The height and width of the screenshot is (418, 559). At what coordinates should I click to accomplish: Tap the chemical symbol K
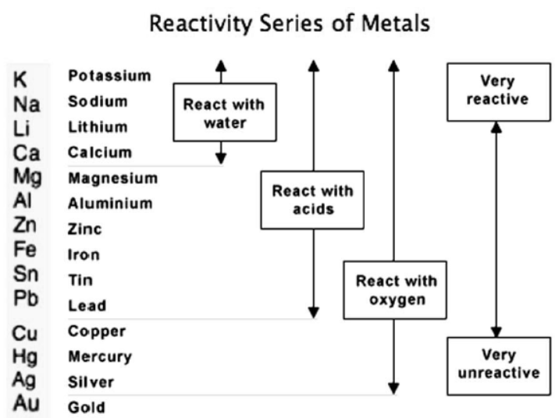pyautogui.click(x=21, y=79)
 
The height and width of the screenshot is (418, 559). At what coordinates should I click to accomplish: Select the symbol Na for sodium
pyautogui.click(x=27, y=104)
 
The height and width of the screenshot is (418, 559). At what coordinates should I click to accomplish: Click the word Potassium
pyautogui.click(x=109, y=76)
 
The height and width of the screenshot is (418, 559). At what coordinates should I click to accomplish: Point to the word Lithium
pyautogui.click(x=99, y=126)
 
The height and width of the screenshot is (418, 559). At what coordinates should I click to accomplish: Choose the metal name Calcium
pyautogui.click(x=100, y=152)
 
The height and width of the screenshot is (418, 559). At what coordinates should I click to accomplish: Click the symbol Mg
pyautogui.click(x=27, y=177)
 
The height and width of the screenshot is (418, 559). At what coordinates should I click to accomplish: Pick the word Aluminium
pyautogui.click(x=110, y=204)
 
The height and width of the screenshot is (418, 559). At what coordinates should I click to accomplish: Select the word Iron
pyautogui.click(x=84, y=254)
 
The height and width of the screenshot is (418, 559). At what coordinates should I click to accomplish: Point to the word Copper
pyautogui.click(x=97, y=331)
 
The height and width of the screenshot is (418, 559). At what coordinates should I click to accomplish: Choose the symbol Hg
pyautogui.click(x=27, y=356)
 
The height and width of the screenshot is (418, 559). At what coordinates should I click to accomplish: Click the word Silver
pyautogui.click(x=91, y=382)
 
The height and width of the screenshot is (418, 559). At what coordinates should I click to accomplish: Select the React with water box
pyautogui.click(x=224, y=112)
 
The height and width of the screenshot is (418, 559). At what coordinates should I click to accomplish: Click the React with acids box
pyautogui.click(x=312, y=200)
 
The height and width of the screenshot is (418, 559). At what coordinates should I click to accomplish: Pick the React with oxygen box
pyautogui.click(x=395, y=290)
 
